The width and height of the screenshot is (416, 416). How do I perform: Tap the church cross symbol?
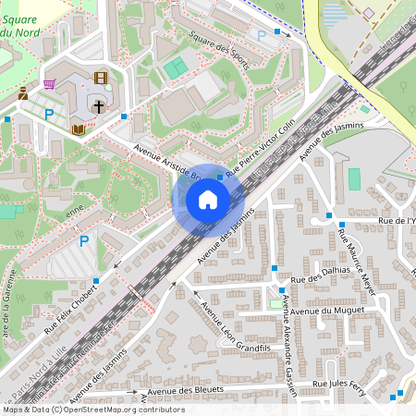coord(98,106)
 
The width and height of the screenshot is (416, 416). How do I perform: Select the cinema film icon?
coord(100,79)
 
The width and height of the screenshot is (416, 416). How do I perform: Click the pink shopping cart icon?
coord(48,83)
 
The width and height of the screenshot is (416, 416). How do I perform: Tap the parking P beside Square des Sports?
coord(262,35)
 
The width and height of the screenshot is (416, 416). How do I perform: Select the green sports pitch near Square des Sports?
coord(175,67)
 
